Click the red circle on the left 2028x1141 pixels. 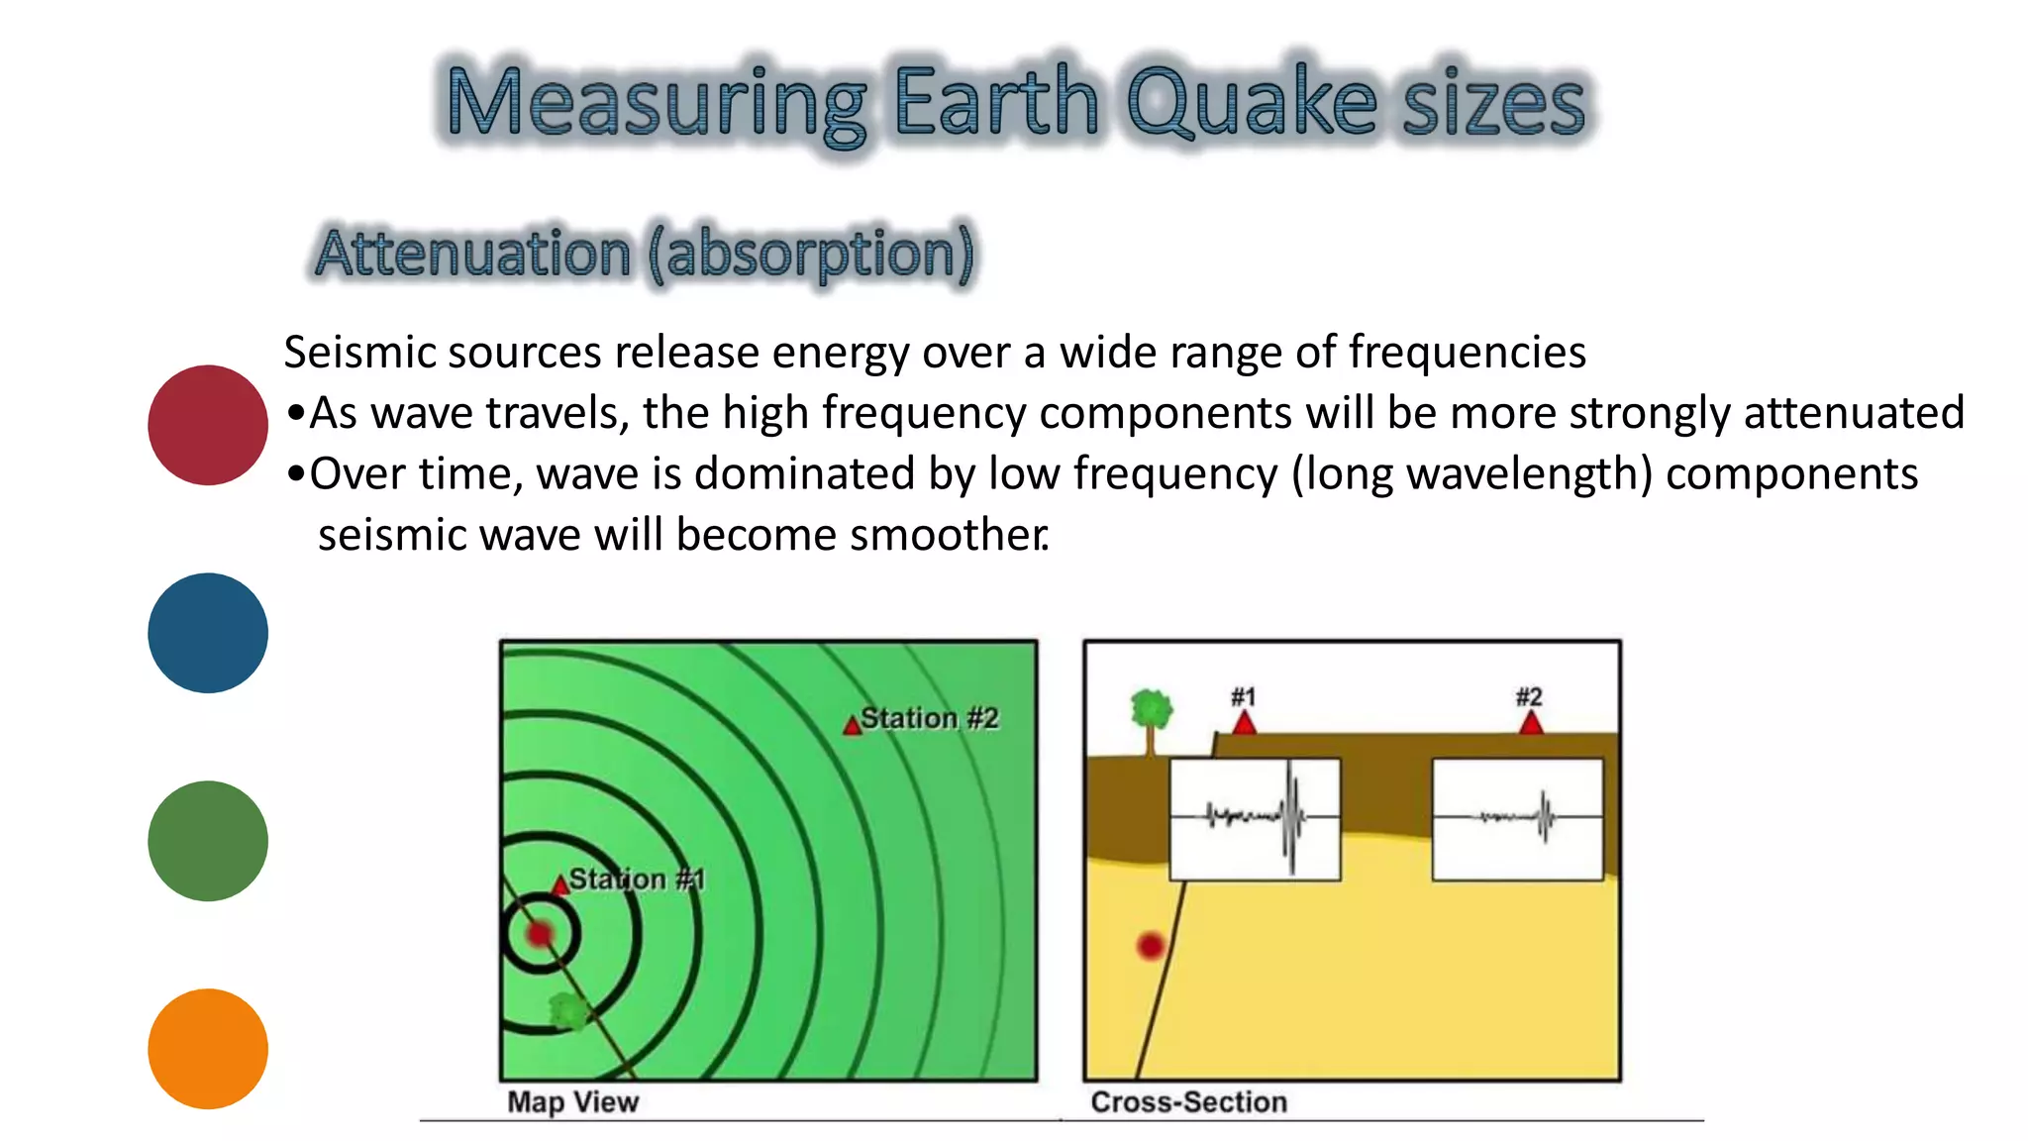point(208,425)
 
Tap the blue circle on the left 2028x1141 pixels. point(208,633)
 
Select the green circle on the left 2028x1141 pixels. point(208,841)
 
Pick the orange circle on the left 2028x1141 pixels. point(208,1049)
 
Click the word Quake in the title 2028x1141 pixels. point(1252,102)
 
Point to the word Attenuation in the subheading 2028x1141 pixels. point(472,253)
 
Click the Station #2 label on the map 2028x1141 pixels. point(929,718)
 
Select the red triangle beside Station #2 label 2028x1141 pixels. point(852,726)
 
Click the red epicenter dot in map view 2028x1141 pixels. point(540,933)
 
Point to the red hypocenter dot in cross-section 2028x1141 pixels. point(1150,946)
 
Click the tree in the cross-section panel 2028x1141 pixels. point(1151,718)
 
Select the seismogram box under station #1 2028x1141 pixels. point(1256,819)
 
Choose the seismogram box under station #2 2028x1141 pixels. point(1517,819)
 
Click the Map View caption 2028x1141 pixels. point(572,1101)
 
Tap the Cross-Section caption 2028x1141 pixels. point(1188,1101)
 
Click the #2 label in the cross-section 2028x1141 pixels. point(1529,696)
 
